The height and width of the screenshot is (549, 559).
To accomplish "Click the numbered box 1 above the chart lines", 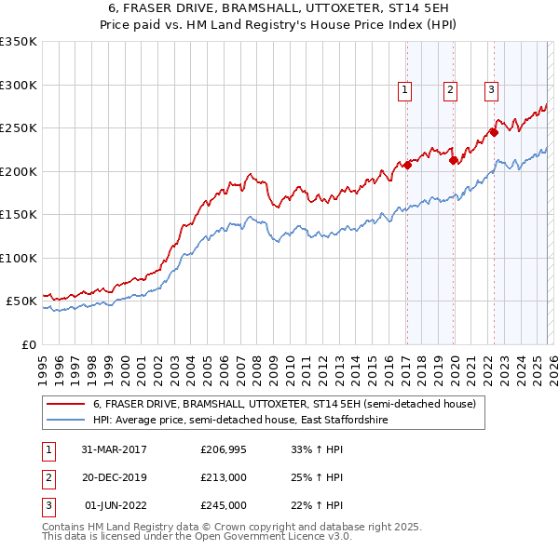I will pos(405,90).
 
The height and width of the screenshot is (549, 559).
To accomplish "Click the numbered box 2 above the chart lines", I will pos(450,90).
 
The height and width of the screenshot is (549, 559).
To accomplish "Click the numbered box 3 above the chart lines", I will pos(490,90).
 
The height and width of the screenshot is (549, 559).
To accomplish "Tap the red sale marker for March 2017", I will pos(407,166).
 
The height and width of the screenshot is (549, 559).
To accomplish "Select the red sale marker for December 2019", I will pos(453,160).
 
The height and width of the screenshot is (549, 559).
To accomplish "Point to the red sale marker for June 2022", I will pos(494,132).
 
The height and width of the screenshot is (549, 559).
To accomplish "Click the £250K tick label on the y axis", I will pos(19,128).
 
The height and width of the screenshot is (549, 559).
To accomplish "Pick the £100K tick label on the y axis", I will pos(19,258).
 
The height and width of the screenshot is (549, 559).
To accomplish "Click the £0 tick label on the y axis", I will pos(26,344).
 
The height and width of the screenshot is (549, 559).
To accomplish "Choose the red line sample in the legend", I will pos(66,404).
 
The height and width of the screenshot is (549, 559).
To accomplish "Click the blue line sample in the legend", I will pos(66,421).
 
